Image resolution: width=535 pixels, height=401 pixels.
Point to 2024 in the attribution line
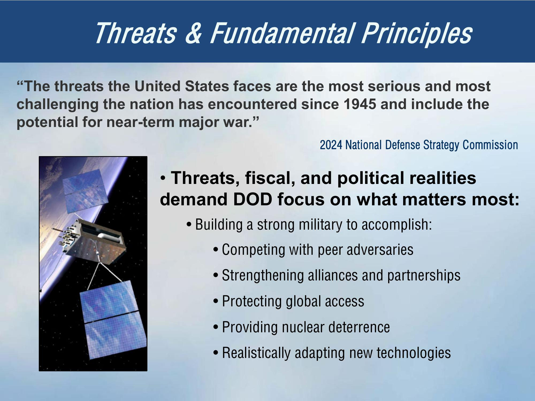pyautogui.click(x=331, y=145)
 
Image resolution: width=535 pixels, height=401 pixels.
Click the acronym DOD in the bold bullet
pyautogui.click(x=252, y=199)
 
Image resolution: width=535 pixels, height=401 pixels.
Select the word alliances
pyautogui.click(x=333, y=275)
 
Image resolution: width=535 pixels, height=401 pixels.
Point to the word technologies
pyautogui.click(x=414, y=353)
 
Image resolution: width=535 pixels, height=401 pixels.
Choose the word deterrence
pyautogui.click(x=359, y=327)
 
